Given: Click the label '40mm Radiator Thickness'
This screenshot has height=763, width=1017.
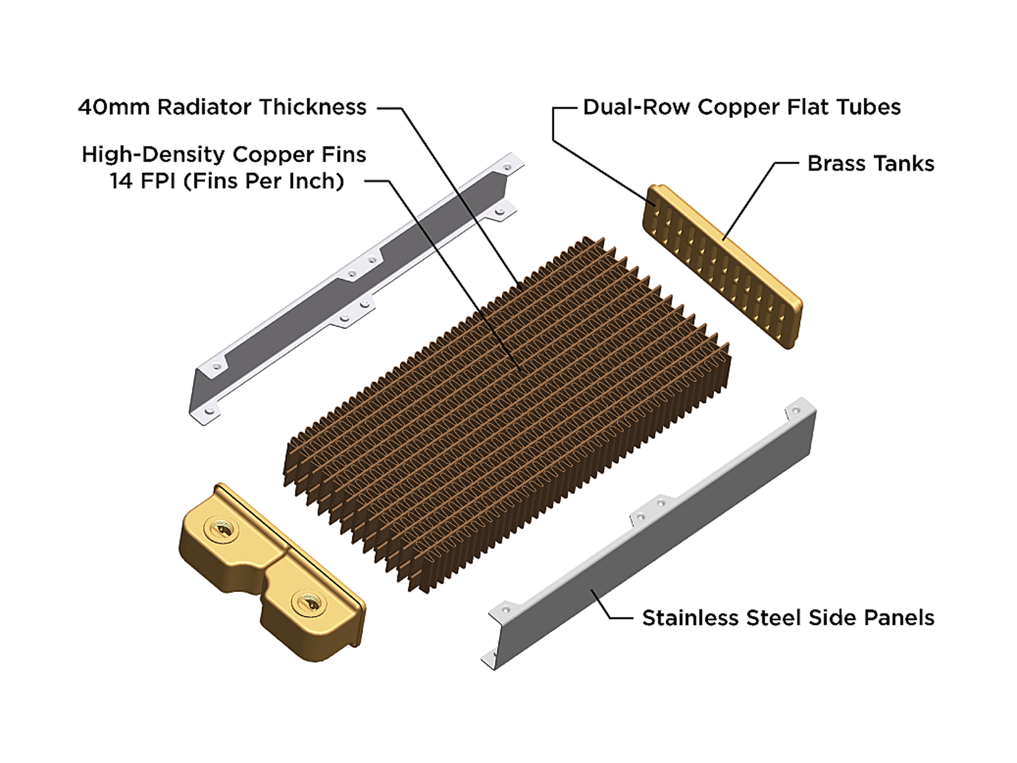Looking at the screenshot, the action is [222, 107].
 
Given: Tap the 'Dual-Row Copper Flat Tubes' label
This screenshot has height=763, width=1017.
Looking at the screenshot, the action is [742, 107].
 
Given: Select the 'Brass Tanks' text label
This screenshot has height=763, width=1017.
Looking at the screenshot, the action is [871, 163].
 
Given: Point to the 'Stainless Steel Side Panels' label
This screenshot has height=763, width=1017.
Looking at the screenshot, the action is [788, 618].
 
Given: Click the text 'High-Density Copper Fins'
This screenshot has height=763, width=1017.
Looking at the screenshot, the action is [224, 155].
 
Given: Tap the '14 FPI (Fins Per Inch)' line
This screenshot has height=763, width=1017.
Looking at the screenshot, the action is [227, 181].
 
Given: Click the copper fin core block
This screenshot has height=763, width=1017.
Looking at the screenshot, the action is [506, 414].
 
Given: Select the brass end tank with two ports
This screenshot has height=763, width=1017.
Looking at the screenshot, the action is [271, 573].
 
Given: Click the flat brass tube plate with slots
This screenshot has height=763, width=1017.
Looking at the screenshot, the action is [722, 266].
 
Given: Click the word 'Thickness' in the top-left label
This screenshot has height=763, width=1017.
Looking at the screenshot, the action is [313, 107].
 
